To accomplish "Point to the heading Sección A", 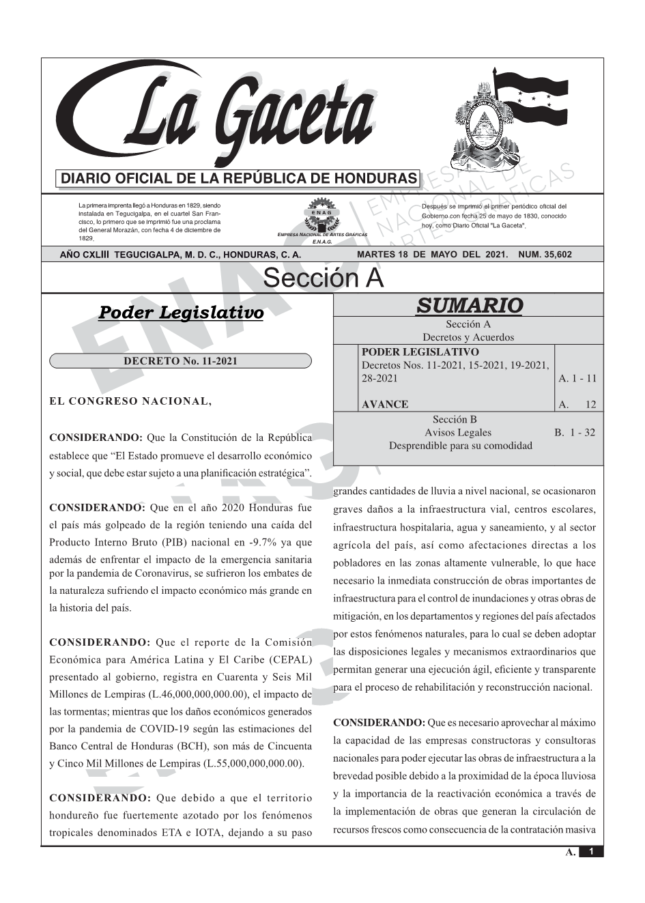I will coord(323,278).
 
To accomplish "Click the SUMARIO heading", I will coord(468,305).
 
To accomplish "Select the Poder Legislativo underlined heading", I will coord(181,313).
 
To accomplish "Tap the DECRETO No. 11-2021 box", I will coord(180,361).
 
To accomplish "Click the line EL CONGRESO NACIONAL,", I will coord(130,401).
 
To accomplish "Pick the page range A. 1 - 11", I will coord(577,378).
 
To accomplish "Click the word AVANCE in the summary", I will coord(385,404).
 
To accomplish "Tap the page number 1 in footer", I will coord(591,852).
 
